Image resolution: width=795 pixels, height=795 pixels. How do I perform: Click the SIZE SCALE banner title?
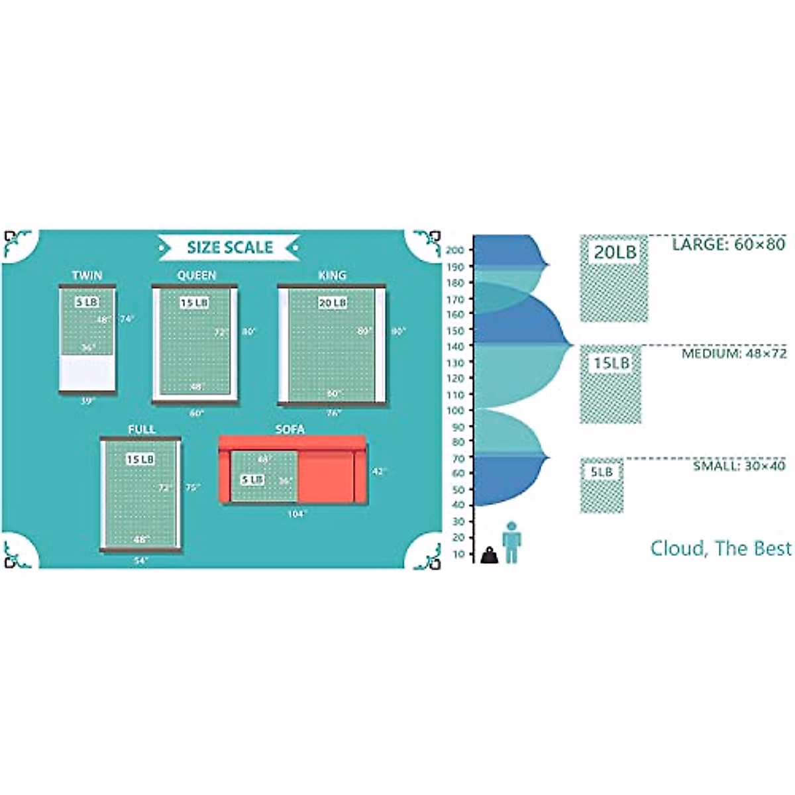[229, 248]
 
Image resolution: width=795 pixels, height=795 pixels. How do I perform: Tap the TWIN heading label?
[87, 276]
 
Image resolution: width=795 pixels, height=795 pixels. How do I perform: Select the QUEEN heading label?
[196, 276]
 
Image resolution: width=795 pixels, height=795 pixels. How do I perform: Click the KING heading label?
[332, 276]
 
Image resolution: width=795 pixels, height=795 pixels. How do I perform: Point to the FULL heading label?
[141, 429]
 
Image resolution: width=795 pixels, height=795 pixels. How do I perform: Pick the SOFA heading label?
[290, 429]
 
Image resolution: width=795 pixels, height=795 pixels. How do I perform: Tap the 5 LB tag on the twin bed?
[87, 303]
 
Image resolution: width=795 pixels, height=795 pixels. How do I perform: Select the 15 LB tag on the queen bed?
[195, 303]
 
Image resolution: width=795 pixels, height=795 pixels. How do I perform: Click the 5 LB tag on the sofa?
[252, 478]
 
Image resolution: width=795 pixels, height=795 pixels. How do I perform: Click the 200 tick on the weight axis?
[458, 250]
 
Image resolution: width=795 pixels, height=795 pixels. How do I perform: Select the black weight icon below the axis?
[489, 555]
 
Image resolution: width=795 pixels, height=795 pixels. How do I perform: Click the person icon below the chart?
[511, 542]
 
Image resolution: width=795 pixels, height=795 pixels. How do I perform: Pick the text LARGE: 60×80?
[728, 244]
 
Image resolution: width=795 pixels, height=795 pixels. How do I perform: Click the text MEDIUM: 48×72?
[734, 354]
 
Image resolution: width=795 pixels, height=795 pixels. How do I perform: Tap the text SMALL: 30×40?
[739, 466]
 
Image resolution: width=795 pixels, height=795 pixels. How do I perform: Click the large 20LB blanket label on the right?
[614, 252]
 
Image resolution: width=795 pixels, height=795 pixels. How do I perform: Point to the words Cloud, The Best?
[721, 549]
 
